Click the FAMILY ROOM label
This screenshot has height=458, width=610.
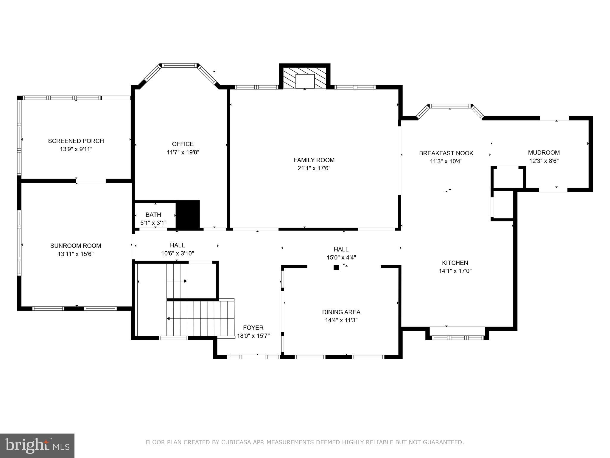(314, 160)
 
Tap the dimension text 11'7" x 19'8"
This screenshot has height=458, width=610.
(183, 152)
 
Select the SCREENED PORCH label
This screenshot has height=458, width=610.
(76, 141)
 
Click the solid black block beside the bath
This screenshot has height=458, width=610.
(188, 214)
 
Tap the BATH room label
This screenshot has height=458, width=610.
(153, 215)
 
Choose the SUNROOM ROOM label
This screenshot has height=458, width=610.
(76, 246)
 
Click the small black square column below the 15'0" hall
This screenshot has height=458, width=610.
(336, 267)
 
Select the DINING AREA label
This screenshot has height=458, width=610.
(341, 312)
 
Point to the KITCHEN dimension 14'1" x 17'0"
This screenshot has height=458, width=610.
(455, 271)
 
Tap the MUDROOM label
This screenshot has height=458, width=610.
(544, 153)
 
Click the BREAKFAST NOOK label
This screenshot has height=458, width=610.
(446, 153)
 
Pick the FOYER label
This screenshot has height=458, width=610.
(253, 328)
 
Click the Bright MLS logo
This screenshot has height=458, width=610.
(37, 445)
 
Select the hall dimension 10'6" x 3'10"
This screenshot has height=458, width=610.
(177, 253)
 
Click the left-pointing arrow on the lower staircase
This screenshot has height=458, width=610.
(169, 318)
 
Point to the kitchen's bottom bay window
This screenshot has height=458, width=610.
(457, 338)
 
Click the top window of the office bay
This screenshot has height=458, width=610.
(180, 65)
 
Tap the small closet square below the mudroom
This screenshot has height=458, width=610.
(508, 177)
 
